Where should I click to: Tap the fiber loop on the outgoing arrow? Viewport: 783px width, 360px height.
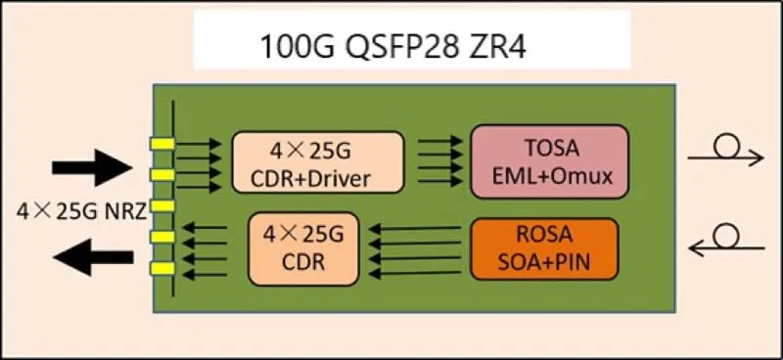click(725, 147)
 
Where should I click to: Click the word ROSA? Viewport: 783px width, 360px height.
click(544, 237)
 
